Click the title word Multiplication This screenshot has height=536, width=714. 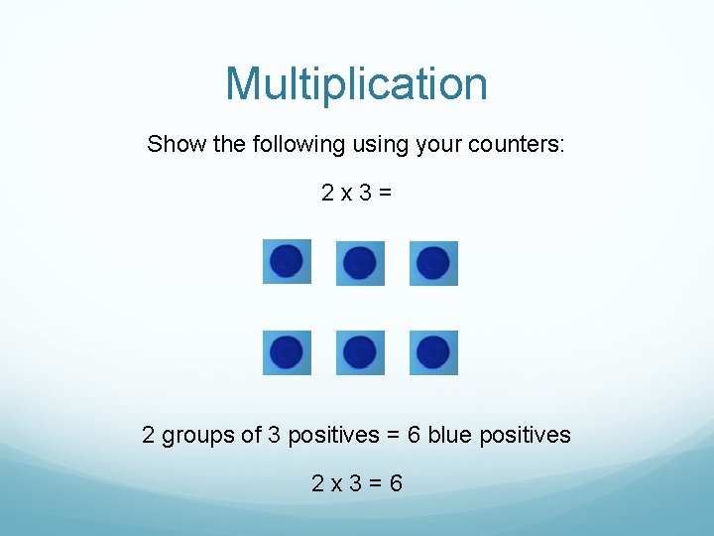click(x=356, y=84)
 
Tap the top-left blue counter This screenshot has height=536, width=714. click(x=287, y=261)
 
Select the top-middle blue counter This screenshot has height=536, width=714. click(x=359, y=263)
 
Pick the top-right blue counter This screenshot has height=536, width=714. click(x=433, y=263)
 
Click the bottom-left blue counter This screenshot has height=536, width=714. click(x=287, y=352)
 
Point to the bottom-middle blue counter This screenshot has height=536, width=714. click(x=359, y=352)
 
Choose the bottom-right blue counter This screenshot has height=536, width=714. click(x=433, y=352)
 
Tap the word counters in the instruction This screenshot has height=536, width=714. click(x=524, y=144)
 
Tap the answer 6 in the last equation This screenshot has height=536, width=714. click(x=396, y=484)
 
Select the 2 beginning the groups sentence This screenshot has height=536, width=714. click(x=149, y=435)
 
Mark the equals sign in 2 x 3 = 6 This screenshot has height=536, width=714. click(x=374, y=484)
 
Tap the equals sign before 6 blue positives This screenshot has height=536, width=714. click(x=394, y=435)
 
